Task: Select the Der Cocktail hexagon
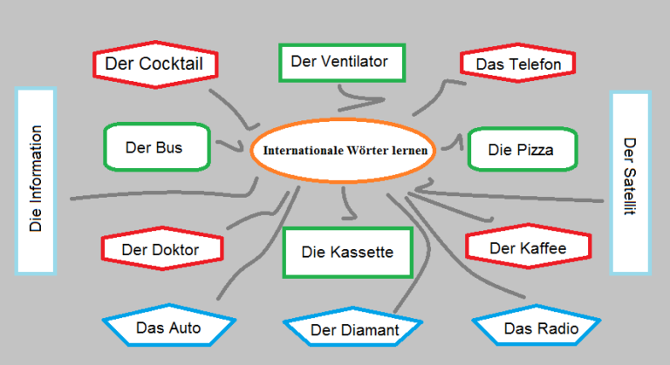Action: [154, 64]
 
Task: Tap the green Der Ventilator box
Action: [341, 62]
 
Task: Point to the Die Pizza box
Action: [523, 149]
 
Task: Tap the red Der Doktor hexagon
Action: [162, 250]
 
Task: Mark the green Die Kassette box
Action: [347, 253]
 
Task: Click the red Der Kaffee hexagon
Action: [529, 248]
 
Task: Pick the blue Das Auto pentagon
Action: [168, 327]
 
